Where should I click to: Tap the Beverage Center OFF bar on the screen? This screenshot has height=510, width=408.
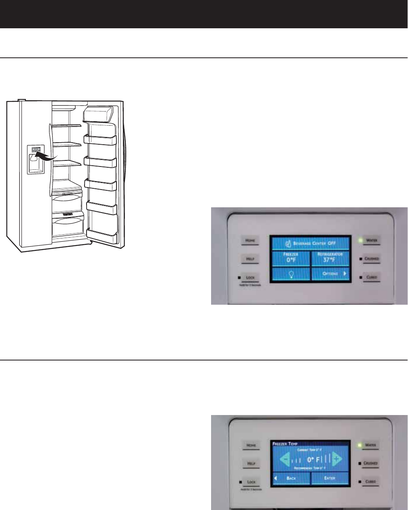click(x=310, y=244)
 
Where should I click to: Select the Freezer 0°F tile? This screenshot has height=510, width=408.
click(x=290, y=258)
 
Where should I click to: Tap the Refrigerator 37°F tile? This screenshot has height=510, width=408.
click(x=330, y=258)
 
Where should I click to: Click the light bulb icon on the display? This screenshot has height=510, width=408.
click(x=290, y=274)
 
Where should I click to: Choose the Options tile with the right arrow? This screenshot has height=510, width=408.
click(x=330, y=274)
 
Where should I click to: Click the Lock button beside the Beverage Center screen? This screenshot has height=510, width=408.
click(x=251, y=278)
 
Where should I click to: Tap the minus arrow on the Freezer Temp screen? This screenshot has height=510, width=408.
click(x=285, y=459)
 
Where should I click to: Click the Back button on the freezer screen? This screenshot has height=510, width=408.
click(x=291, y=478)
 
